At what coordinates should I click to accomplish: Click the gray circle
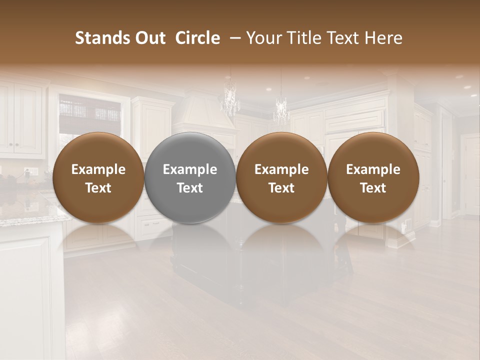pyautogui.click(x=190, y=178)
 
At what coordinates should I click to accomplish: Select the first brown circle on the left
pyautogui.click(x=98, y=178)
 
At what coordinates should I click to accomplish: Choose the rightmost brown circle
pyautogui.click(x=373, y=178)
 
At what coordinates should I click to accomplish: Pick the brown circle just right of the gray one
pyautogui.click(x=281, y=178)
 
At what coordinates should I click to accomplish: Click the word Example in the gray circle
pyautogui.click(x=190, y=169)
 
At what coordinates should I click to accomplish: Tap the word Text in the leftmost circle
pyautogui.click(x=98, y=188)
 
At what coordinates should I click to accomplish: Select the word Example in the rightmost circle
pyautogui.click(x=373, y=169)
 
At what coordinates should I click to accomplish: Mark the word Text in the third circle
pyautogui.click(x=281, y=188)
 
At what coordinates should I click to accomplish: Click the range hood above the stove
pyautogui.click(x=203, y=112)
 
